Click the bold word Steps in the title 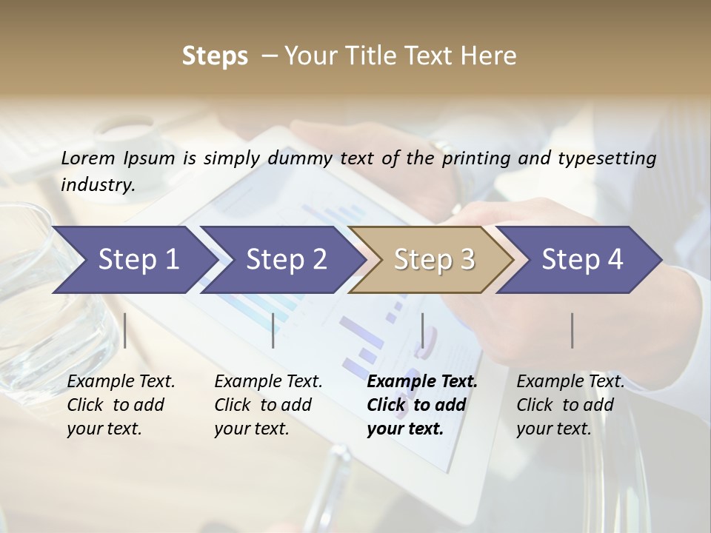[x=215, y=56]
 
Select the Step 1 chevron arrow [x=133, y=259]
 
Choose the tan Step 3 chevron [x=432, y=259]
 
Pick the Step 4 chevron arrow [x=580, y=259]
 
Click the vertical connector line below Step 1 [x=125, y=330]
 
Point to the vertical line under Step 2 [x=273, y=330]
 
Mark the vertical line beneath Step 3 [x=423, y=330]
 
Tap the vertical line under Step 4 [x=573, y=330]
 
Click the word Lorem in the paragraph [x=88, y=158]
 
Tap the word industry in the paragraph [x=97, y=185]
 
